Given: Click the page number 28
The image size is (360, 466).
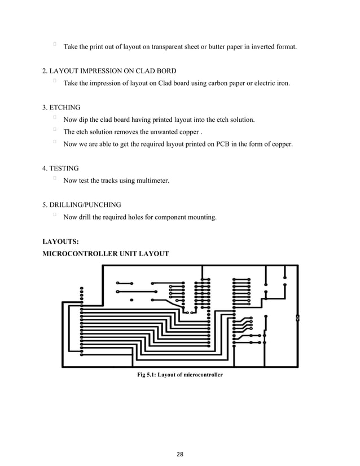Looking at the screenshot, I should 180,453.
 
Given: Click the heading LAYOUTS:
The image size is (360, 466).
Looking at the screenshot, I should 60,241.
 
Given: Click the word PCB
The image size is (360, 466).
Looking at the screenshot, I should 220,144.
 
